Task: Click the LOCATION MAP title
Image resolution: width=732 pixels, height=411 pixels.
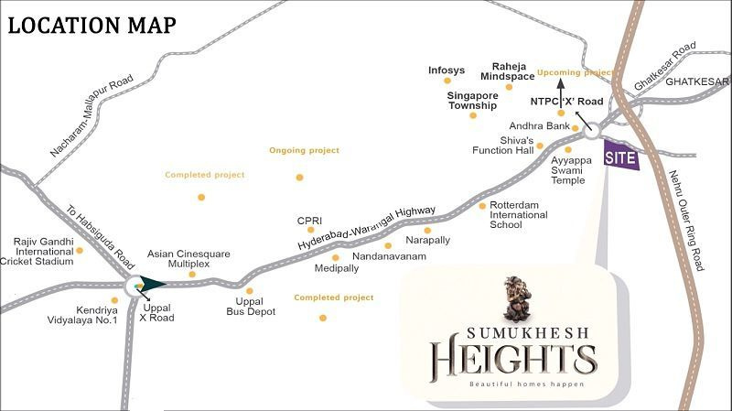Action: pyautogui.click(x=91, y=25)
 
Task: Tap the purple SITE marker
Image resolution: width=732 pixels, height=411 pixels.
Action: pyautogui.click(x=620, y=154)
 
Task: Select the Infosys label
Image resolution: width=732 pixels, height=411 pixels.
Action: pyautogui.click(x=447, y=69)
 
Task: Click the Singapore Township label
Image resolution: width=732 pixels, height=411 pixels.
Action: pyautogui.click(x=472, y=100)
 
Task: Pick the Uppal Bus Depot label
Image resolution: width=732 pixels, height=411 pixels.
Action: pyautogui.click(x=244, y=308)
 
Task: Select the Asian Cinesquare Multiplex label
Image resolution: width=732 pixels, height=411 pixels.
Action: pyautogui.click(x=189, y=259)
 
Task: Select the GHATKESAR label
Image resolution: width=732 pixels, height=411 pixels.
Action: pyautogui.click(x=697, y=81)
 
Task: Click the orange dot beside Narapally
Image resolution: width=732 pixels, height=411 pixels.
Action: pyautogui.click(x=388, y=245)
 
